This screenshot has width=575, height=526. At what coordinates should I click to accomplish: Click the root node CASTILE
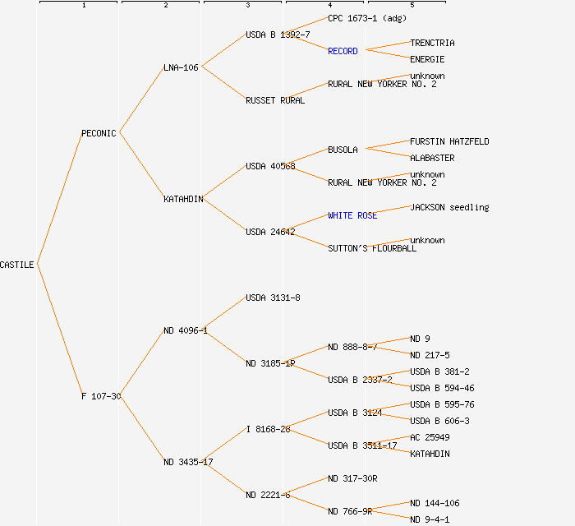tap(17, 265)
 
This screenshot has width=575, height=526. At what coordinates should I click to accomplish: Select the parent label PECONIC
tap(99, 133)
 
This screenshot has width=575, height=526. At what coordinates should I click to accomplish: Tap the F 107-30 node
tap(101, 396)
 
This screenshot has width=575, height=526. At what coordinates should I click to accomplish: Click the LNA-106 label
tap(181, 67)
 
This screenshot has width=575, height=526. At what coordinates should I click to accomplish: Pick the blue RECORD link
tap(343, 51)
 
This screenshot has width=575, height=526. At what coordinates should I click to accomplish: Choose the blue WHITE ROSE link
tap(352, 215)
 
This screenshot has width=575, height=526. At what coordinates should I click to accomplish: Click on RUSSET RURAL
tap(274, 100)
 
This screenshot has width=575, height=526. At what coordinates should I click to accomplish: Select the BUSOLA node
tap(343, 150)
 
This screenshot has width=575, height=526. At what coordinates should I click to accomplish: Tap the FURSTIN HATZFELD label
tap(449, 141)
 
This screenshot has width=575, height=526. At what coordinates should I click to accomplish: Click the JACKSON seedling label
tap(449, 207)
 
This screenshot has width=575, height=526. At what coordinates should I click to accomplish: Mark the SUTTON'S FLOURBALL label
tap(372, 248)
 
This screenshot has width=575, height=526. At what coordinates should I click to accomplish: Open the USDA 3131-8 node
tap(273, 298)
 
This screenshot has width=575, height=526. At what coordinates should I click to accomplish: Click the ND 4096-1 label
tap(186, 330)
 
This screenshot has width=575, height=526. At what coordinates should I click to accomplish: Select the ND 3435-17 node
tap(188, 462)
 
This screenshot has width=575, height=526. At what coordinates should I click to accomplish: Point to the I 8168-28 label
tap(268, 429)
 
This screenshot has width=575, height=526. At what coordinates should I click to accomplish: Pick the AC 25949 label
tap(430, 437)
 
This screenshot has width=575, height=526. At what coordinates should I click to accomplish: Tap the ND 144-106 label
tap(435, 503)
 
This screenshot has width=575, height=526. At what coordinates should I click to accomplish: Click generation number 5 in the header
tap(412, 6)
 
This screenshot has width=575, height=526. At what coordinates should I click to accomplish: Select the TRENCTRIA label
tap(432, 43)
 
